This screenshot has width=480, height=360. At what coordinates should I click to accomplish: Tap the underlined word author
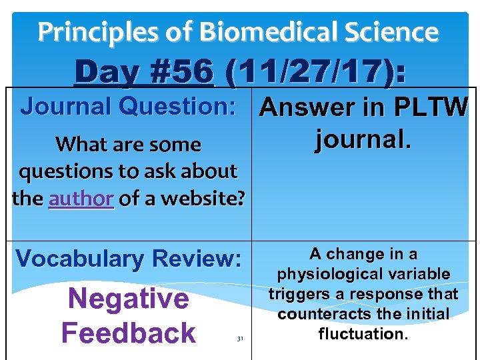81,198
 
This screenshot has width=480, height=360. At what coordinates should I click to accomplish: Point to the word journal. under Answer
363,140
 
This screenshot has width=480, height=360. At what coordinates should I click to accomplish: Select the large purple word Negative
128,299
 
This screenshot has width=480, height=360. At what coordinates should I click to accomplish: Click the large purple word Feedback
128,333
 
